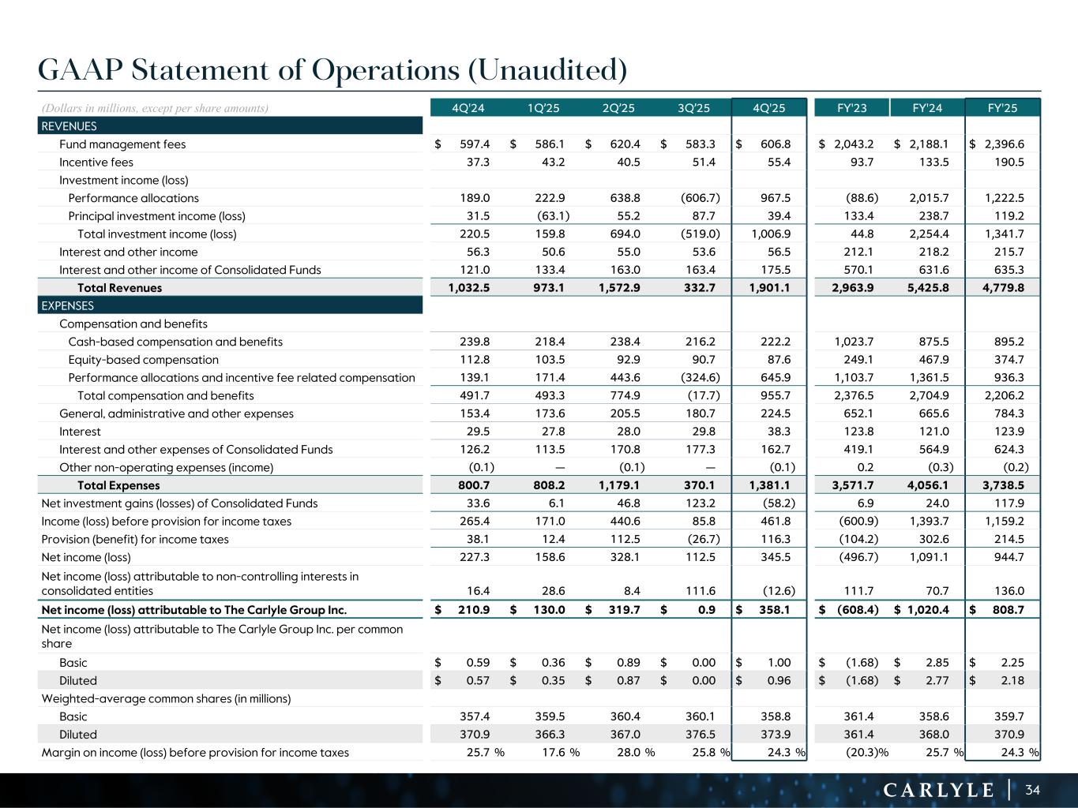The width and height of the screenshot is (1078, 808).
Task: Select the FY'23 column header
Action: (x=851, y=108)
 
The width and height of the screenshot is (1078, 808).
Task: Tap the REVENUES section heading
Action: (x=69, y=126)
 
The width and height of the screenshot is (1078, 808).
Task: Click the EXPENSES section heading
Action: (x=68, y=305)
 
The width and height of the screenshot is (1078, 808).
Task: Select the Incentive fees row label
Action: (x=96, y=163)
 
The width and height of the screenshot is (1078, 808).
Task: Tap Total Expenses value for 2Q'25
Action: (x=618, y=485)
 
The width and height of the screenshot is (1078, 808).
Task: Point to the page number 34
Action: (x=1032, y=789)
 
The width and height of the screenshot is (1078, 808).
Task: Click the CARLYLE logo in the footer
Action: (x=937, y=790)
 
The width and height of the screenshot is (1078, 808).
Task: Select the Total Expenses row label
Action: (x=118, y=485)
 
